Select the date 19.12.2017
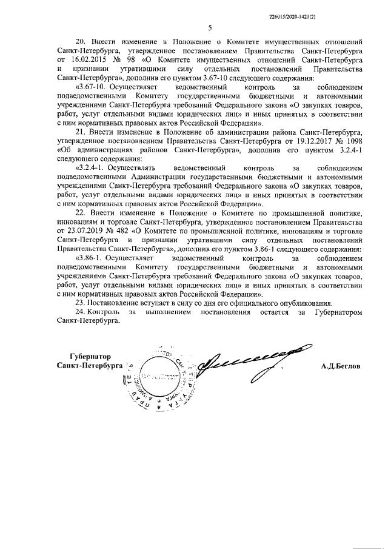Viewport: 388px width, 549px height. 290,139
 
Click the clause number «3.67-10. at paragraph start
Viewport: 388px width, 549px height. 89,87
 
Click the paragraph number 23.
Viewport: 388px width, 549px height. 80,301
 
